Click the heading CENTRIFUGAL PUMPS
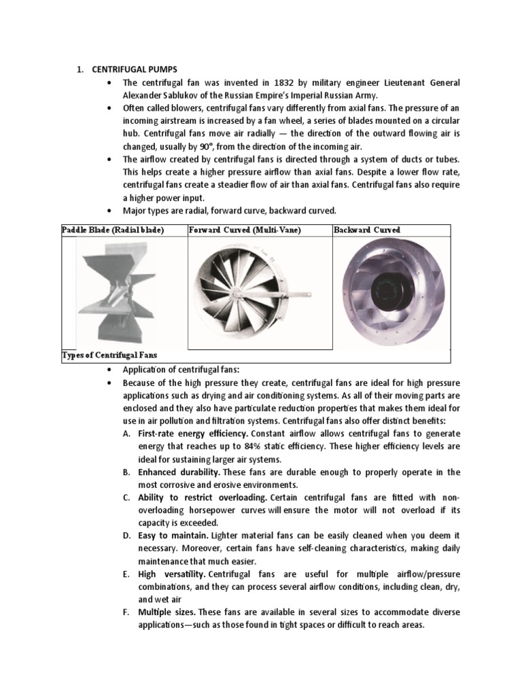(130, 70)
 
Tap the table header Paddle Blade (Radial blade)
(113, 230)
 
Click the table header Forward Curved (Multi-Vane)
(244, 230)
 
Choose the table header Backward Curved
(367, 230)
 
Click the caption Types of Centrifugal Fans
(109, 355)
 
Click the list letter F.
(126, 612)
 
